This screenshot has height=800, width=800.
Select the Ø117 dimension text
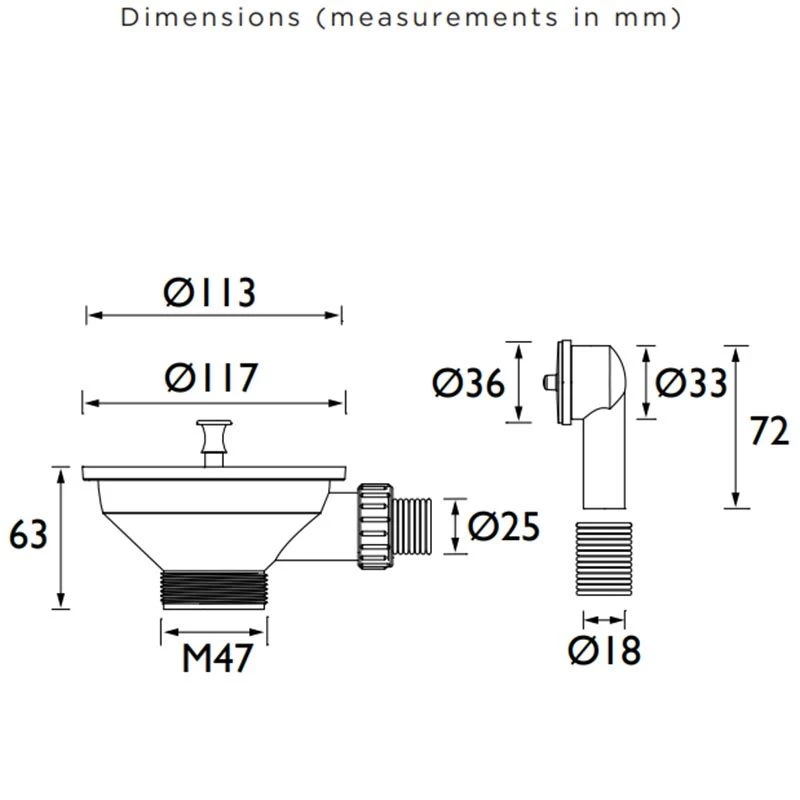(212, 379)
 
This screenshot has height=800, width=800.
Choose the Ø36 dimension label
(469, 383)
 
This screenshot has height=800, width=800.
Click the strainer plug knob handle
(212, 437)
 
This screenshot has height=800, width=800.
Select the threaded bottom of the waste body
(213, 588)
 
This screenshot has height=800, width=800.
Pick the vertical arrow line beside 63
(62, 537)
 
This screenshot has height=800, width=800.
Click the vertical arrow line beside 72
(737, 426)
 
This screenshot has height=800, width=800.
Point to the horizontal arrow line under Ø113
(213, 316)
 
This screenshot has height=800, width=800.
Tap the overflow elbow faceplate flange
(563, 383)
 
